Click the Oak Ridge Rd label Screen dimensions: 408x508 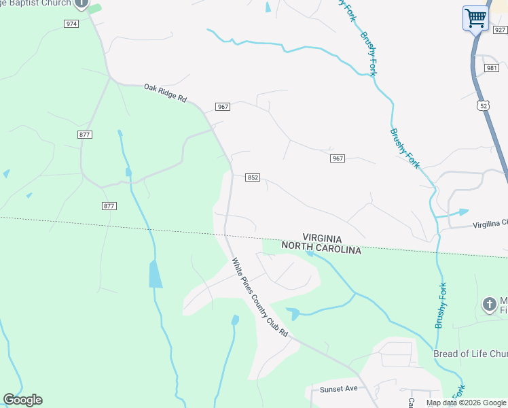pos(165,92)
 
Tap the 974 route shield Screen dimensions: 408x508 pos(71,24)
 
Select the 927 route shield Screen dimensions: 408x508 pos(501,30)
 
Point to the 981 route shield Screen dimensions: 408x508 pos(492,68)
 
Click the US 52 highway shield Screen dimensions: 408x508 pos(483,105)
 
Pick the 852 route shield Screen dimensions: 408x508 pos(253,177)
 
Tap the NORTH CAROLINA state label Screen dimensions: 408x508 pos(321,250)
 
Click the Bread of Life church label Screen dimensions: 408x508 pos(470,354)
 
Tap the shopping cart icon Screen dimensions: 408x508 pos(476,18)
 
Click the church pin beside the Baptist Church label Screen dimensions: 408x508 pos(81,4)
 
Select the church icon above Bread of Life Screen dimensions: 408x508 pos(489,304)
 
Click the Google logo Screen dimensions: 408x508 pos(22,400)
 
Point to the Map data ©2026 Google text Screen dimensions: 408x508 pos(466,403)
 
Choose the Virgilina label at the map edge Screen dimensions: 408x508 pos(489,223)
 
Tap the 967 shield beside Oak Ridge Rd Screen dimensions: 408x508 pos(222,107)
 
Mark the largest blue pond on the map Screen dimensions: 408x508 pos(156,273)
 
